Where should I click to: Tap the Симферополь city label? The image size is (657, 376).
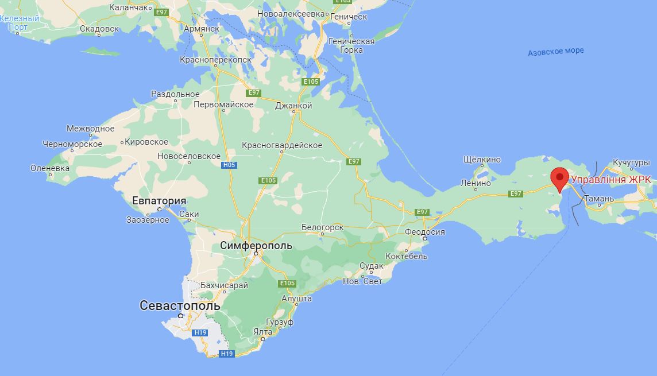coord(256,246)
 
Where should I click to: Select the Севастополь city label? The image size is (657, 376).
coord(180,306)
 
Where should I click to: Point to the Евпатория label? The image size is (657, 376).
coord(159,201)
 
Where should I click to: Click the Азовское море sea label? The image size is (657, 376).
coord(555,51)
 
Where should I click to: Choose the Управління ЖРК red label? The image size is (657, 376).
coord(611,180)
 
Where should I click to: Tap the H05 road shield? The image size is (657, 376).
coord(229,165)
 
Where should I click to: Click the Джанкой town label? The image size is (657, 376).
coord(293,106)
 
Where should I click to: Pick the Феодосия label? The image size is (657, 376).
coord(425,232)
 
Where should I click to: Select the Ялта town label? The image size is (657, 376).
coord(262,331)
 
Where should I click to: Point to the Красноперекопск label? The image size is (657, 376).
coord(216,60)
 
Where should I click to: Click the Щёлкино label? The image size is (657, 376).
coord(481,160)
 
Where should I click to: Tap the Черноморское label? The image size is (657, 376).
coord(72,144)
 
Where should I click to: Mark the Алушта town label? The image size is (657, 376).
coord(296,299)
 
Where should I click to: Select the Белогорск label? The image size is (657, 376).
coord(322,227)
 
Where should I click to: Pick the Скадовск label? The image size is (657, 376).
coord(99,28)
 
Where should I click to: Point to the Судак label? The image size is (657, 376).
coord(371,266)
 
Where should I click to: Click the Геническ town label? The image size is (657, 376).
coord(349,17)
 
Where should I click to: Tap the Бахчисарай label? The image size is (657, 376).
coord(224,285)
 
